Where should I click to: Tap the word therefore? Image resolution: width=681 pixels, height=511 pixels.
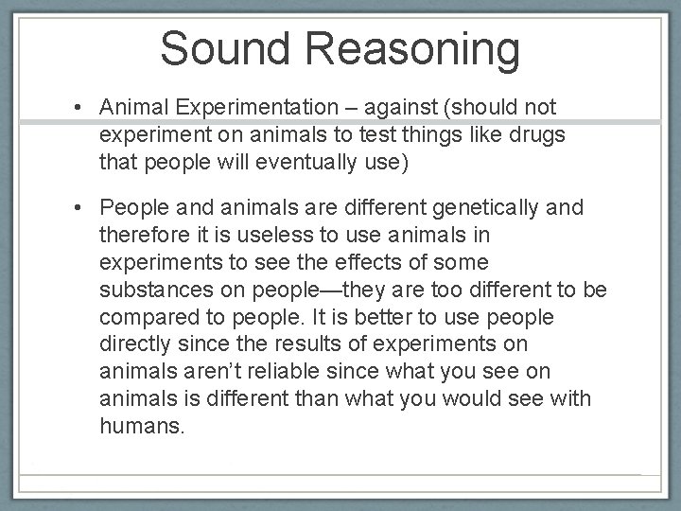(141, 234)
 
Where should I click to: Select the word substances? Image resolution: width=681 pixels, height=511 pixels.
(150, 289)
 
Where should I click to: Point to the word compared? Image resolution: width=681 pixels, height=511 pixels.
(144, 317)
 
